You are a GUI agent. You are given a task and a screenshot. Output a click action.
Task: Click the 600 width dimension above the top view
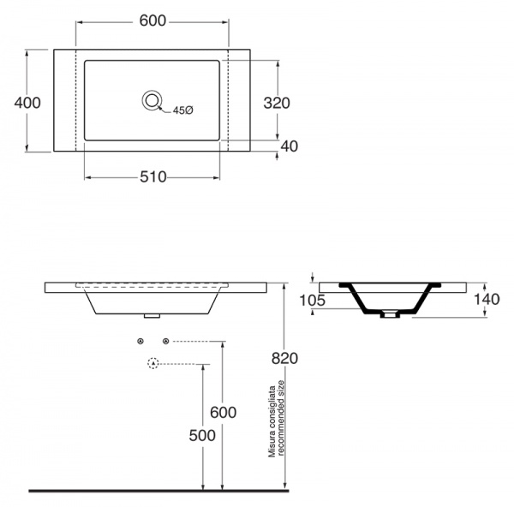tap(152, 21)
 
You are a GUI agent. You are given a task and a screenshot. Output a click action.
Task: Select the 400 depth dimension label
tap(27, 103)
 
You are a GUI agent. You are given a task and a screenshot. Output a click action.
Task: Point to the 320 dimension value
tap(277, 104)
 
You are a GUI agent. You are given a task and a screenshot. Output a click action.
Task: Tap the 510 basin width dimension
tap(153, 177)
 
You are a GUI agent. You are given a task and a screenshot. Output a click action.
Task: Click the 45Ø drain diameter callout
tap(183, 110)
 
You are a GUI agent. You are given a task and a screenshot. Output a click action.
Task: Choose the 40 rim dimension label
tap(290, 146)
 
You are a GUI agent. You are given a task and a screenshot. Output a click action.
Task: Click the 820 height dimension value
tap(284, 358)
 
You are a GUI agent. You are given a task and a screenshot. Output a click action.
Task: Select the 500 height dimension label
tap(202, 436)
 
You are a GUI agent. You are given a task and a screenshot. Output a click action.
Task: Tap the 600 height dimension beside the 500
tap(224, 412)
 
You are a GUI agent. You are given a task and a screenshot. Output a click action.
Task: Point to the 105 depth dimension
tap(313, 301)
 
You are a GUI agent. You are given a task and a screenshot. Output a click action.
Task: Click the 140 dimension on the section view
tap(487, 299)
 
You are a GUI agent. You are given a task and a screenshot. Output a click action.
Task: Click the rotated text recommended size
tap(280, 418)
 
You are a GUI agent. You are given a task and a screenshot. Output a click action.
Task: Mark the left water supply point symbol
tap(140, 342)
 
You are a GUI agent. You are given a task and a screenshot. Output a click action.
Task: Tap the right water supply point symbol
tap(166, 342)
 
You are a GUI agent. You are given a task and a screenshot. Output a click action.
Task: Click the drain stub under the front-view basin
tap(152, 316)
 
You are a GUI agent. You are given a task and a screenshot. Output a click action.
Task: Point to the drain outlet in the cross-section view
tap(390, 314)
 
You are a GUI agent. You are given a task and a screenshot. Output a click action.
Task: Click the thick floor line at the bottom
tap(159, 491)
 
